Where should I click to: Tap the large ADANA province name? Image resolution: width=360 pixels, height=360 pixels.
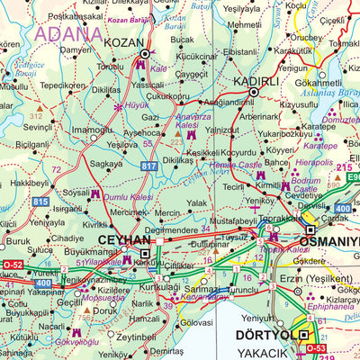pos(68,34)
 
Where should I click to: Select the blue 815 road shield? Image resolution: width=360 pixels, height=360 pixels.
pos(40,202)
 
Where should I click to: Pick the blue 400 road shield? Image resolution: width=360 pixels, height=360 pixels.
pos(43,283)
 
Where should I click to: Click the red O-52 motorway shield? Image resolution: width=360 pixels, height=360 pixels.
pos(12,265)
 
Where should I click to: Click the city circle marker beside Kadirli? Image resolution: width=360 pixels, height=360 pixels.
pos(254,92)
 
